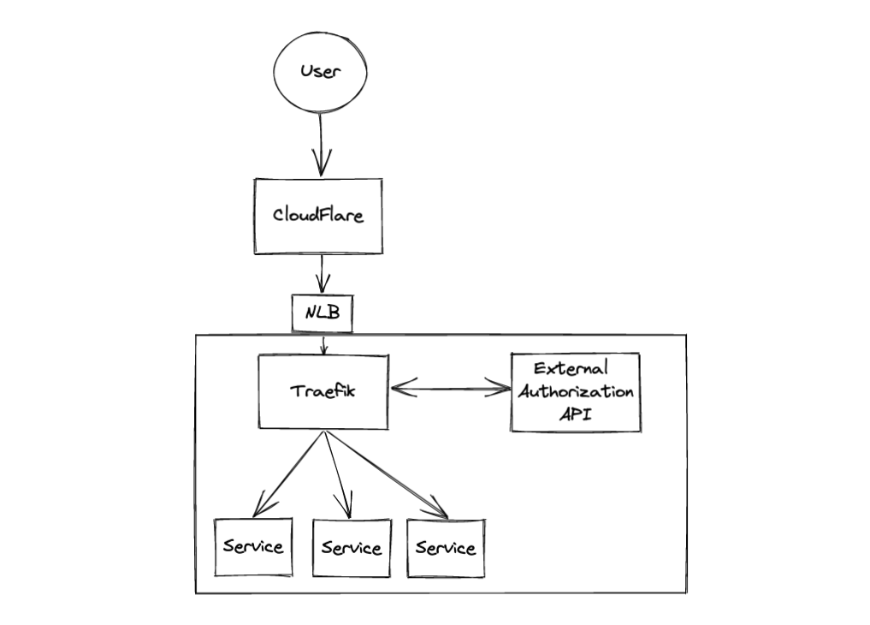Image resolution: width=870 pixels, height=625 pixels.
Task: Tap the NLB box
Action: [x=322, y=313]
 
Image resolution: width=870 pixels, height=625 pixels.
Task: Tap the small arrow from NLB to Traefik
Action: [x=323, y=344]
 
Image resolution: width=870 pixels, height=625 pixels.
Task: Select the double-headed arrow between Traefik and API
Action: [x=450, y=390]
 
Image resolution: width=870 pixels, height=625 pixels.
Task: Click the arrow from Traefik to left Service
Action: [x=289, y=474]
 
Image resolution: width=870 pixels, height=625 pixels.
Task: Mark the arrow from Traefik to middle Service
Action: [x=339, y=474]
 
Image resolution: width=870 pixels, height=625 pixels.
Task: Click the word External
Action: [x=571, y=370]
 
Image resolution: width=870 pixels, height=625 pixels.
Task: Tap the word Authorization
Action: [x=574, y=393]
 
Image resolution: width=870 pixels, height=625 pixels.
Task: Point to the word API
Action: [x=575, y=415]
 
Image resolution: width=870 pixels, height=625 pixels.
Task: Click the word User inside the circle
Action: [x=320, y=71]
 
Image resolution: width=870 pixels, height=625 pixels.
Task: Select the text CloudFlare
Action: [x=317, y=215]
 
